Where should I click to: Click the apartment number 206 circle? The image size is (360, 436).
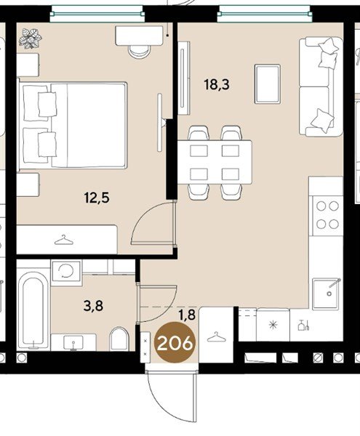(x=175, y=342)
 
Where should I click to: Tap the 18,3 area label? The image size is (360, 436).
(x=217, y=84)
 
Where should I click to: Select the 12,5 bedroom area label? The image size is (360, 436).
(x=97, y=198)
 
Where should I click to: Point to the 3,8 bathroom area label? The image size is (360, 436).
(x=93, y=306)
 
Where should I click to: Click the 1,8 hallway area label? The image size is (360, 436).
(x=187, y=315)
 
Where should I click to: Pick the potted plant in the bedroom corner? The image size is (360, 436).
(x=31, y=39)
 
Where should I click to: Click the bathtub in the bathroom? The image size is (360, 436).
(x=33, y=310)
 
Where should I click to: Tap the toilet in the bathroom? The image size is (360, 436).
(x=119, y=339)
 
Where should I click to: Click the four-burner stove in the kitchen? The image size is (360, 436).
(x=327, y=215)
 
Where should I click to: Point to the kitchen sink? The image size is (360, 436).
(x=327, y=294)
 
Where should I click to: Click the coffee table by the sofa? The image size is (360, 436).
(x=268, y=84)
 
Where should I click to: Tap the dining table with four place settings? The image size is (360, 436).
(x=215, y=162)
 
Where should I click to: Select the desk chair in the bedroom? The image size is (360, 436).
(x=140, y=52)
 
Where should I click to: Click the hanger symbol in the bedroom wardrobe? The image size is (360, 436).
(x=64, y=240)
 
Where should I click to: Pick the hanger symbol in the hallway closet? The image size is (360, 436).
(x=217, y=336)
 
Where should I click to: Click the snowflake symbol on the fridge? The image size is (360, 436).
(x=273, y=325)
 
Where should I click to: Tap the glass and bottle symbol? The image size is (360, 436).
(x=303, y=325)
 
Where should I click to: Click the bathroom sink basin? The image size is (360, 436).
(x=73, y=342)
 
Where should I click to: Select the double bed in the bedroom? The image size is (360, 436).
(x=73, y=125)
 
